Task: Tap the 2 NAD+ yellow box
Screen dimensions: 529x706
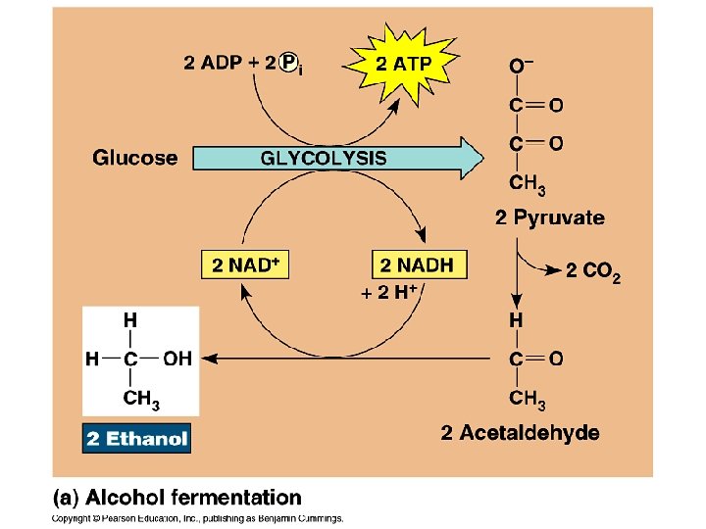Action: tap(246, 264)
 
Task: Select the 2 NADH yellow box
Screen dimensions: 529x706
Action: tap(419, 264)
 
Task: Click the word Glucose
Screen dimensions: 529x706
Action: tap(135, 158)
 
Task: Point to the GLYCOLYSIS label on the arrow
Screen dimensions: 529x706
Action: tap(323, 158)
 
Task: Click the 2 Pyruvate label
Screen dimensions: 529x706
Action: tap(549, 217)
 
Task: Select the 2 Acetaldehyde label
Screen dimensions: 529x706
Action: tap(520, 432)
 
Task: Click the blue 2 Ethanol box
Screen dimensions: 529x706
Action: tap(136, 438)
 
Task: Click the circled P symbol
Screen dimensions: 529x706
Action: tap(288, 63)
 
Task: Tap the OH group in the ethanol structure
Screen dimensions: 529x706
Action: tap(177, 359)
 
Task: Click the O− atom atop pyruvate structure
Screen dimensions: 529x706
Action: tap(521, 67)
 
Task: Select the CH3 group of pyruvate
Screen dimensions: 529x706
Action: tap(528, 182)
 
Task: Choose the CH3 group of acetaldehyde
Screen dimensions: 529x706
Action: tap(528, 399)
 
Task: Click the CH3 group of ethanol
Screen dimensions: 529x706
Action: tap(141, 399)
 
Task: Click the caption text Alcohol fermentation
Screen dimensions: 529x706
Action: tap(192, 499)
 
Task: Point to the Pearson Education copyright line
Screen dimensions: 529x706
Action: tap(196, 518)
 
